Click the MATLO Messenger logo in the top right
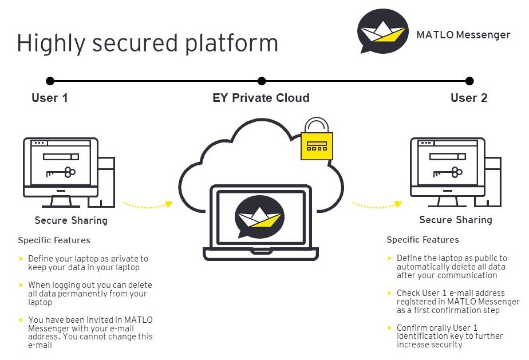[382, 31]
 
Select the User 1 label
[50, 98]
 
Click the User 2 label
[469, 98]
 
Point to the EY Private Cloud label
[261, 98]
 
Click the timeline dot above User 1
[50, 81]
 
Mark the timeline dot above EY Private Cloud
[262, 81]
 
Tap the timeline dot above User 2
[469, 81]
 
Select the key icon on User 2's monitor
[448, 171]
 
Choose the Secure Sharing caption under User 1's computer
[71, 220]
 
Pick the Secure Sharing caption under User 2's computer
[456, 220]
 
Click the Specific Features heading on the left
[54, 240]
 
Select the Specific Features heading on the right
[423, 240]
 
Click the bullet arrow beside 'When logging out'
[22, 285]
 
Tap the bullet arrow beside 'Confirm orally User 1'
[390, 328]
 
